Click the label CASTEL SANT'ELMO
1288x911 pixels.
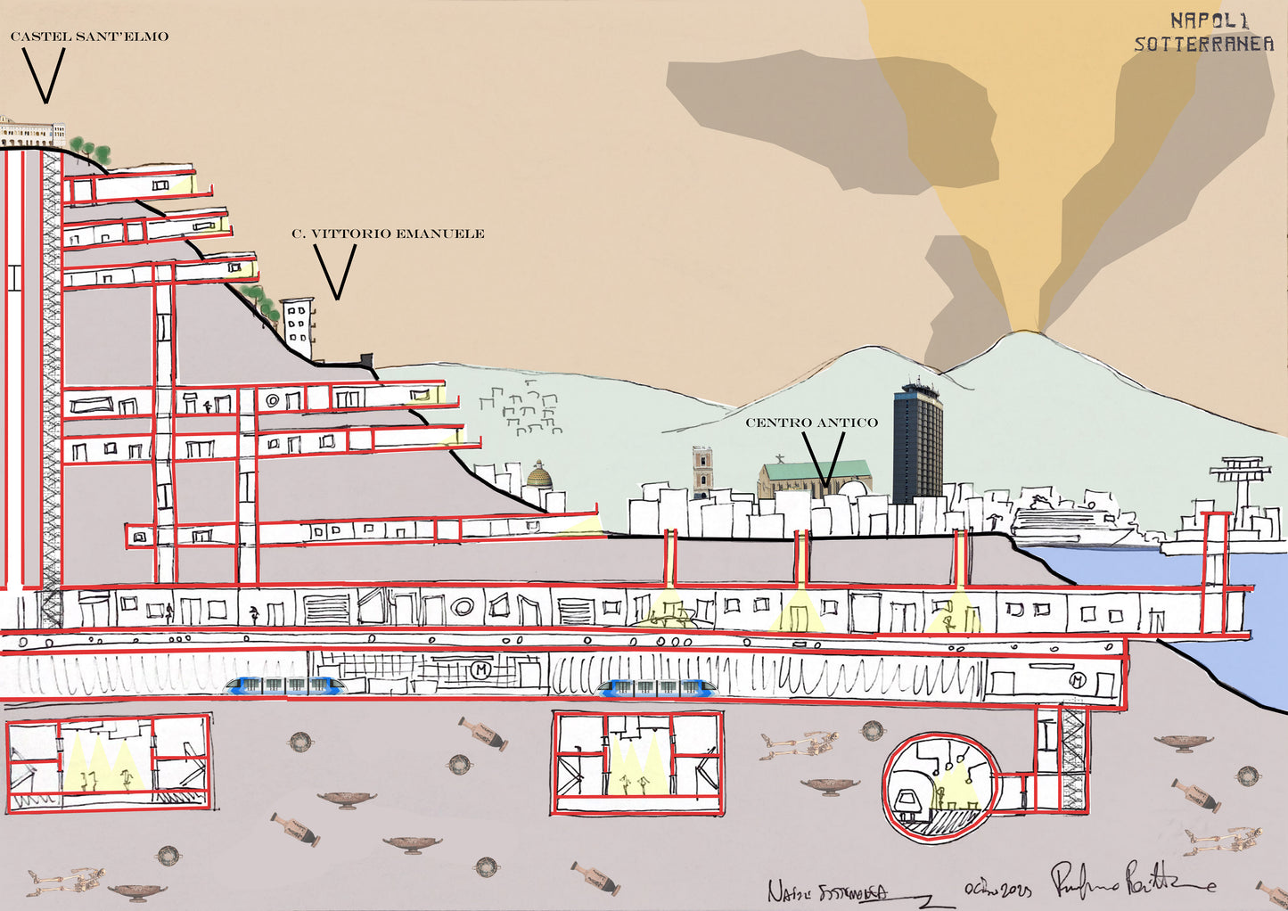(88, 37)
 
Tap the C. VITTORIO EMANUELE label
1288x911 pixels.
(388, 234)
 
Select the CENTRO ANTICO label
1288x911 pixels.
(811, 423)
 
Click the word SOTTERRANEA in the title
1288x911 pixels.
(1203, 44)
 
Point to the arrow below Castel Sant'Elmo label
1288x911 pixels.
(44, 75)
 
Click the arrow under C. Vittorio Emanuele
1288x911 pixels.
(335, 271)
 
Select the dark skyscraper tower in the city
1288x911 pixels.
(917, 441)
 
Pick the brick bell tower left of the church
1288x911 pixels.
(703, 472)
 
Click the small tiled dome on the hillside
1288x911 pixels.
(539, 475)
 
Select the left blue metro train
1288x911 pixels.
(285, 685)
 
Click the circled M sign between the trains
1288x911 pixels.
(482, 669)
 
